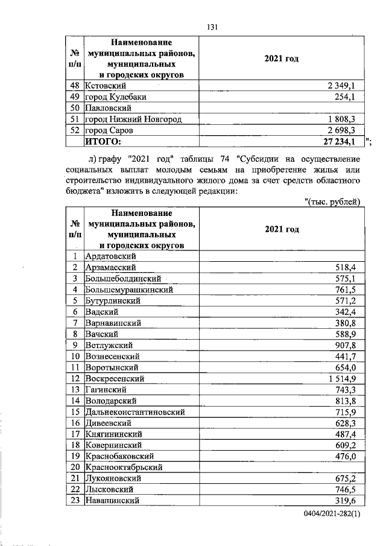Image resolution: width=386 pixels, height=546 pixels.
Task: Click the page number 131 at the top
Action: click(x=212, y=27)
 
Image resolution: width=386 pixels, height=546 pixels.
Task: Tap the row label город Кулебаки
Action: click(x=116, y=97)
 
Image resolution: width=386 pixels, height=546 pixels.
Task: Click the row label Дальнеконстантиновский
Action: click(x=134, y=412)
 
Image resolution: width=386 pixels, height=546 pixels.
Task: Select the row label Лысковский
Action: click(x=109, y=489)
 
